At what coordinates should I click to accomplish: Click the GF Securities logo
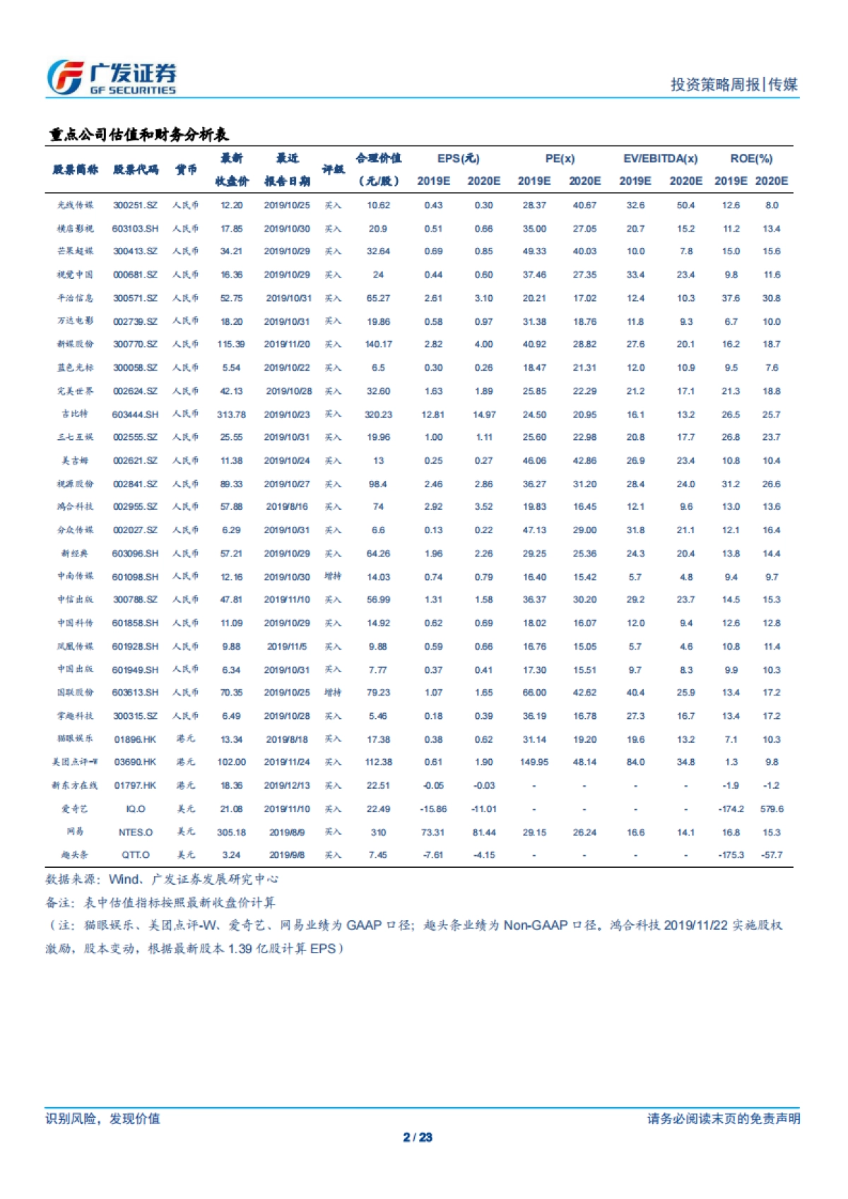(112, 77)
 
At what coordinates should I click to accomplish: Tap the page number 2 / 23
(417, 1137)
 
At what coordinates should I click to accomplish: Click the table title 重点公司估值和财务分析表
(139, 134)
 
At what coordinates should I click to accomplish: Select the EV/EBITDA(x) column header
(660, 159)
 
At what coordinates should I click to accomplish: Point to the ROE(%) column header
(751, 159)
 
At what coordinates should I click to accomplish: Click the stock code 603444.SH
(135, 414)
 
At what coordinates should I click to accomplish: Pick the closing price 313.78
(231, 414)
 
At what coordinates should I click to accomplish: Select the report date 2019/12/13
(287, 785)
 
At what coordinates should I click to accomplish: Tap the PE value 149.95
(534, 762)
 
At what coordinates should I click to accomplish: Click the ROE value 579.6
(772, 809)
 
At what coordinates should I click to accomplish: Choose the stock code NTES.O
(135, 833)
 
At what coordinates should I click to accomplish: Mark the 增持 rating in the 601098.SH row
(332, 576)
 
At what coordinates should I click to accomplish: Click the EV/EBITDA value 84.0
(635, 762)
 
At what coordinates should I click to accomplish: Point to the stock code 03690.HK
(135, 762)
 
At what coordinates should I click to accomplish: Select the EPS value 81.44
(484, 833)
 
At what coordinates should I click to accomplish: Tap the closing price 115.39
(231, 344)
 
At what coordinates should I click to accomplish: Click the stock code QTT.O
(135, 855)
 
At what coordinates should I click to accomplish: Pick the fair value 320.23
(378, 414)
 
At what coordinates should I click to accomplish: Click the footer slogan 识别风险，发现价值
(102, 1119)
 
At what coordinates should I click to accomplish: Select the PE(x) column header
(560, 159)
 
